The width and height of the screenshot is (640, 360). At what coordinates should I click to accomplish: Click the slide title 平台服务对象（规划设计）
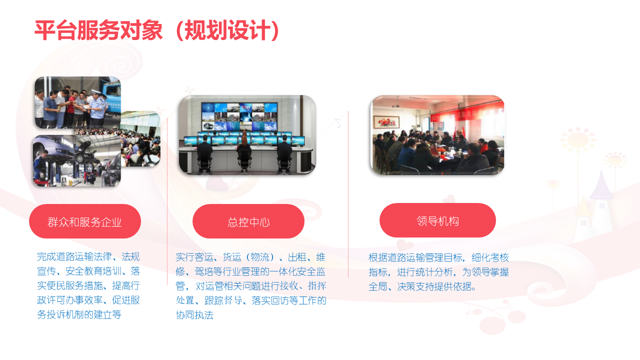[156, 30]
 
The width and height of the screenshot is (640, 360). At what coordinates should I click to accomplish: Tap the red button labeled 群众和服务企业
[85, 221]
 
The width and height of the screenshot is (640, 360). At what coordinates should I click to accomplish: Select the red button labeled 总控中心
[248, 221]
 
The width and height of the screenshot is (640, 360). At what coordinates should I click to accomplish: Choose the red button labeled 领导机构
[437, 220]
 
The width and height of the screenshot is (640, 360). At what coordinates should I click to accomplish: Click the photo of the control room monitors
[247, 135]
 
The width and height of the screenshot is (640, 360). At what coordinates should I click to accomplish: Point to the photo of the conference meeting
[437, 135]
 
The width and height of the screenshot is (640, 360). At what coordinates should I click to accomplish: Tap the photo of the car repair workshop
[77, 161]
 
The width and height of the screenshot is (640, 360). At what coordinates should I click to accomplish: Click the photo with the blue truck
[77, 102]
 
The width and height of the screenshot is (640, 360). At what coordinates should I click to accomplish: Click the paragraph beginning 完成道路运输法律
[88, 285]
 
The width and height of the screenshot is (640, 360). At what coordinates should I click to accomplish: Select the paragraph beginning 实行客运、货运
[251, 286]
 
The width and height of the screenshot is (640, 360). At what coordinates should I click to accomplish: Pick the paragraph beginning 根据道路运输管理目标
[438, 271]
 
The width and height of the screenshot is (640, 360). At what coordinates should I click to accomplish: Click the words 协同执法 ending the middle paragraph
[194, 315]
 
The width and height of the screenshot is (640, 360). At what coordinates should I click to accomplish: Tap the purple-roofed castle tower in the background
[601, 197]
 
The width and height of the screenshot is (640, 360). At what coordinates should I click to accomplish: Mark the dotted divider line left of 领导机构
[348, 194]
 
